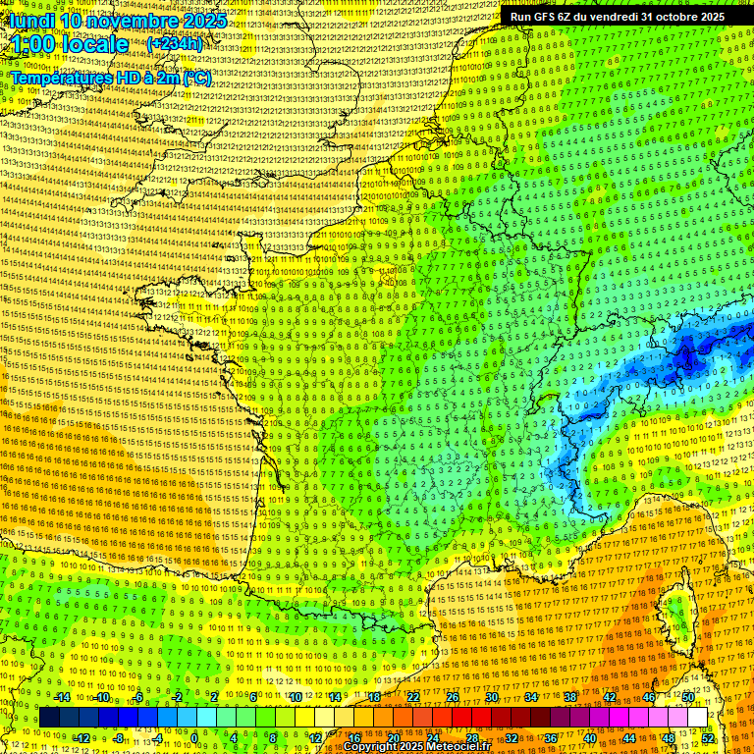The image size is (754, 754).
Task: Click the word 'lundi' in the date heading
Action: pos(27,21)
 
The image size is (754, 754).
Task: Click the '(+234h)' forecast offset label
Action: pos(175,44)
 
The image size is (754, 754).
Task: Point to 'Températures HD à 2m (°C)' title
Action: pos(110,78)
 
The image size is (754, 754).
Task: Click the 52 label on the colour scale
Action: pos(709,737)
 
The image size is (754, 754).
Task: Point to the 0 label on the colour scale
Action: pos(194,737)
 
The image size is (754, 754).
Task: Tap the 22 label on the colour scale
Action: pos(413,697)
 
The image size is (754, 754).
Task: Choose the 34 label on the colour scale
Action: pos(531,697)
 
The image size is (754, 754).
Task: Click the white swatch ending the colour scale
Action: pos(697,718)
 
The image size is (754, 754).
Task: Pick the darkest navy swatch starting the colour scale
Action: pos(49,718)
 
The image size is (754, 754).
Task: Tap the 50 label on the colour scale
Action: pos(688,697)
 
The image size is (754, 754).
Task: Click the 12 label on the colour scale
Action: pos(314,737)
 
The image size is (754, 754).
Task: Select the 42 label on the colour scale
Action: pos(610,697)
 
